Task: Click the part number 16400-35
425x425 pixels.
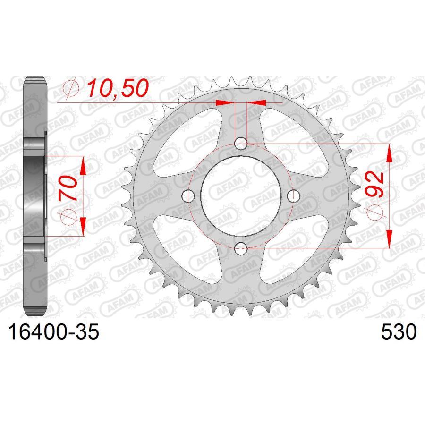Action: [x=52, y=332]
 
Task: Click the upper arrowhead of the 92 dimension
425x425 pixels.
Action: [x=389, y=153]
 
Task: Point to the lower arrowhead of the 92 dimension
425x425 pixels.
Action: [x=389, y=238]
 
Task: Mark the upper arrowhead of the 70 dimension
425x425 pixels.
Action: [x=83, y=166]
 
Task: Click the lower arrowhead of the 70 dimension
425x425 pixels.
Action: [x=83, y=225]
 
